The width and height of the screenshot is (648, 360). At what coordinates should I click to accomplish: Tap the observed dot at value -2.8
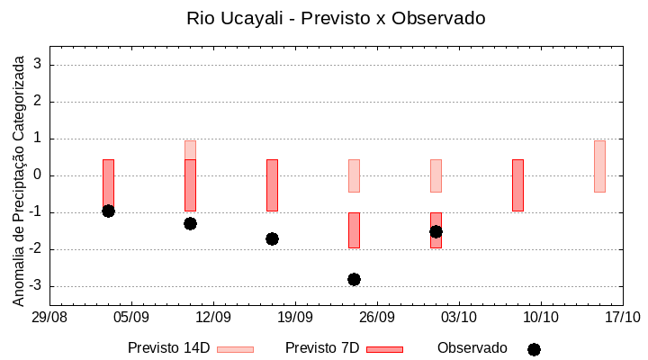354,279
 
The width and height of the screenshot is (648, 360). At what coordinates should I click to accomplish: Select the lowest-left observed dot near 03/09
108,211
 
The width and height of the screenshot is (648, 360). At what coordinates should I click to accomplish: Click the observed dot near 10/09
190,223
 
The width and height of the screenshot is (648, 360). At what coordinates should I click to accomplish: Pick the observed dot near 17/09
272,238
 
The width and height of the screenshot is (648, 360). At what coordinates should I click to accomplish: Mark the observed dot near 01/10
436,231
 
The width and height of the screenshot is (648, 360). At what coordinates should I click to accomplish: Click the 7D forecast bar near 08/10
517,184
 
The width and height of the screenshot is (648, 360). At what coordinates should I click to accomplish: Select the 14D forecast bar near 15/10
599,166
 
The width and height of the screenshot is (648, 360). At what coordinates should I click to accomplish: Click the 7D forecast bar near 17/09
272,184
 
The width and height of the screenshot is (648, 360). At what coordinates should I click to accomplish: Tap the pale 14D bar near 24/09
354,175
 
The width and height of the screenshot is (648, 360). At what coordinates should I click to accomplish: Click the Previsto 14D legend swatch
235,349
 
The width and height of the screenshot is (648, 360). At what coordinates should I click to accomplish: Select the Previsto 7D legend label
322,348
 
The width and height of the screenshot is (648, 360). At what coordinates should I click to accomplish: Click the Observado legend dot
534,349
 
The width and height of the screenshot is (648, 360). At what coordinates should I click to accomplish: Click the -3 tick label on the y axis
37,286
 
